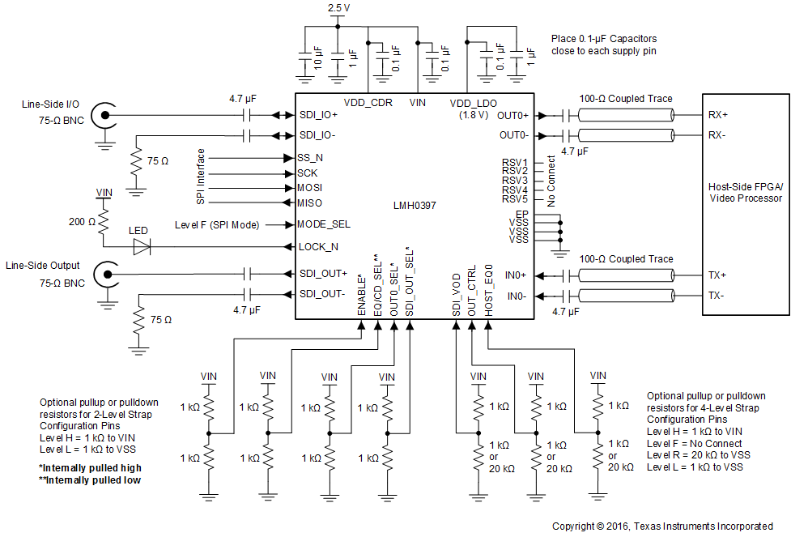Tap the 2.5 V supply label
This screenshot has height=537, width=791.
click(x=338, y=7)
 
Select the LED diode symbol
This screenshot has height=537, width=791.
click(x=142, y=247)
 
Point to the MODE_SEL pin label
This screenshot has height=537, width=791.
click(x=324, y=224)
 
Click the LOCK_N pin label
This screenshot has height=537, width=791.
click(x=318, y=246)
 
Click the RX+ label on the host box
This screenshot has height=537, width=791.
click(x=719, y=114)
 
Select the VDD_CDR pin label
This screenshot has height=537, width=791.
click(x=369, y=103)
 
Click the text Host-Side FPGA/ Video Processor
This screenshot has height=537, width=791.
click(x=745, y=192)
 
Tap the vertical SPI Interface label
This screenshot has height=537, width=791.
click(x=201, y=176)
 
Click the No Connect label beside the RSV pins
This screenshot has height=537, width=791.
click(x=551, y=181)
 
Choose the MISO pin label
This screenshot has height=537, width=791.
click(x=310, y=202)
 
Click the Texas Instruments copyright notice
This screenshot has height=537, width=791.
click(x=662, y=526)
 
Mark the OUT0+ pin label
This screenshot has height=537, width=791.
click(x=513, y=114)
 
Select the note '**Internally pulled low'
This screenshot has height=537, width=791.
click(x=90, y=480)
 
